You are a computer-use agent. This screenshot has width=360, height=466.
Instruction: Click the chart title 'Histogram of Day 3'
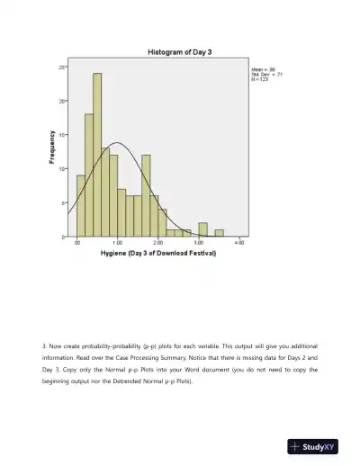[181, 52]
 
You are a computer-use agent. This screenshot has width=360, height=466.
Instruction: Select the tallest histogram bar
[97, 153]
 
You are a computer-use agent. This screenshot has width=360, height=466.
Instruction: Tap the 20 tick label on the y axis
[63, 101]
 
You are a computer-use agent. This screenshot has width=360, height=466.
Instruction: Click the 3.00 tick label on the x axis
[199, 243]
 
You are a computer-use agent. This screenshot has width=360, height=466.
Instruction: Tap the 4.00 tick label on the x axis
[239, 243]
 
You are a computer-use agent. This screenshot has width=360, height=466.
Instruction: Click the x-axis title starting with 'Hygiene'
[157, 254]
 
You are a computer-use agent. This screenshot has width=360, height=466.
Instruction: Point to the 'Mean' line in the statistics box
[263, 68]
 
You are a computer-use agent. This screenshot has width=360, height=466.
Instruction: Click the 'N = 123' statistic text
[260, 79]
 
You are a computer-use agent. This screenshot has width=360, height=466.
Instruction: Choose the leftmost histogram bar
[81, 205]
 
